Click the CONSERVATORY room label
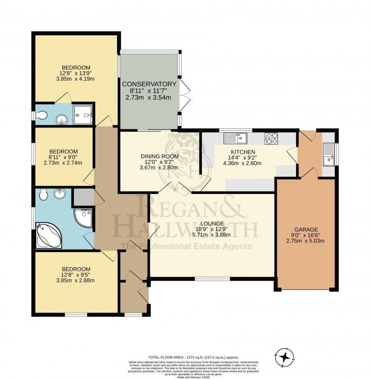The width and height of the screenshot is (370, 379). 149,84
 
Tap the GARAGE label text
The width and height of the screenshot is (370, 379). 306,229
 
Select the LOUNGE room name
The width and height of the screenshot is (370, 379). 212,223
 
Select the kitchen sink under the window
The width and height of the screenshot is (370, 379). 235,139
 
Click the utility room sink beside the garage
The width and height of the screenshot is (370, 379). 329,155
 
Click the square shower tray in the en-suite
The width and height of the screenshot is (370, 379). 83,115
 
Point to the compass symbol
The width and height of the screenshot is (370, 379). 287,356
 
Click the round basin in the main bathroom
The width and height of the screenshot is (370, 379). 60,194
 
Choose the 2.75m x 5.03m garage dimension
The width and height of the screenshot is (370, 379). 306,241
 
